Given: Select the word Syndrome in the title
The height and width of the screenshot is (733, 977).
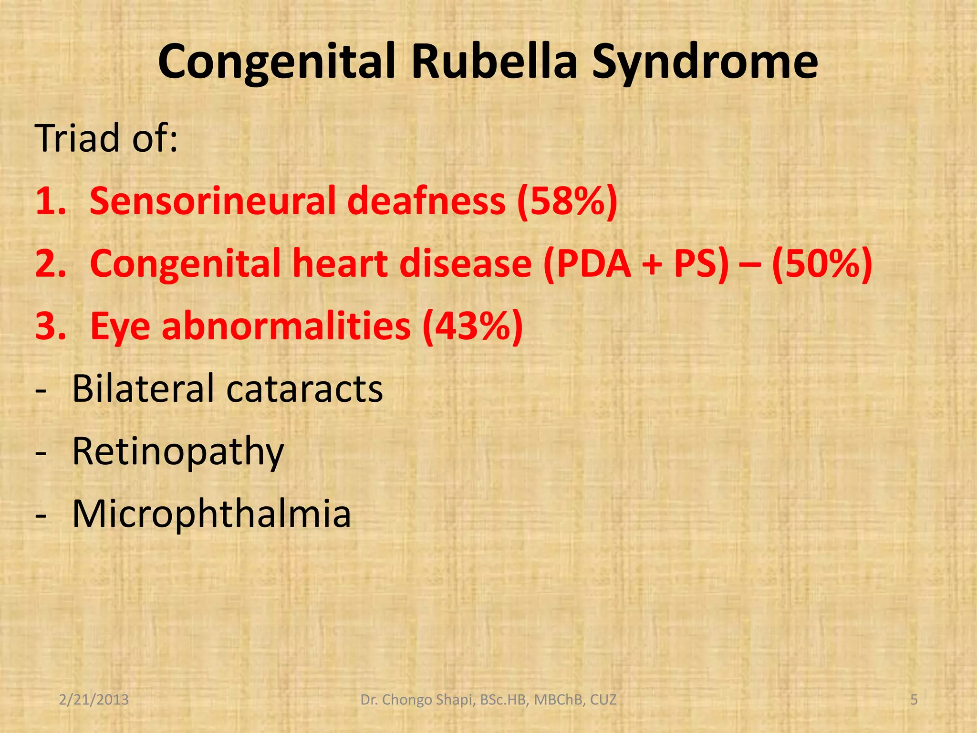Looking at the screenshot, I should pos(705,63).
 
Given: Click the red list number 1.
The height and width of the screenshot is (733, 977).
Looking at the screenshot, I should pos(50,201).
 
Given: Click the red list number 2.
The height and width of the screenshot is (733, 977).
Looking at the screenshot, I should pos(50,264).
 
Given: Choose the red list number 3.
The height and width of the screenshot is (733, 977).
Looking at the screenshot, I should pos(50,326).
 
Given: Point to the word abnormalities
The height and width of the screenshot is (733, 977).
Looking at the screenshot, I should pos(286,326).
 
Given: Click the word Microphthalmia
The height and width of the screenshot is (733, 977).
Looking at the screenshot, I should pos(211,514).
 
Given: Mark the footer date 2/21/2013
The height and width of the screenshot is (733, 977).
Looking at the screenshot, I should pos(94,700).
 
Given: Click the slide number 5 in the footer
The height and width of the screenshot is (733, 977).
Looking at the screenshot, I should pos(914,700).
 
